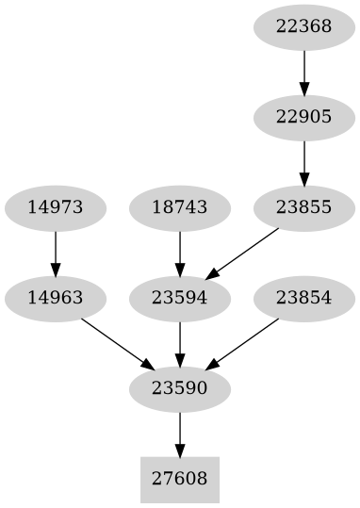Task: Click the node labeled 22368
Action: (303, 26)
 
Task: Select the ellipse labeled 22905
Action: (303, 117)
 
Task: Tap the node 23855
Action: (303, 207)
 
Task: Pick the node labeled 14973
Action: (56, 207)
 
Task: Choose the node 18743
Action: (179, 207)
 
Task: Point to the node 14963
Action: (56, 298)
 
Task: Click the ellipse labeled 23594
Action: (179, 298)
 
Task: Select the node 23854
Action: (303, 298)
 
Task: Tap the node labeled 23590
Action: (179, 388)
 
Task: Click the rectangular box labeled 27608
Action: (179, 479)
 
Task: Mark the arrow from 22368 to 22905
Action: (303, 72)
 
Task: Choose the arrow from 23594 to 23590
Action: (179, 343)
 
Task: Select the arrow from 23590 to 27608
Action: (179, 434)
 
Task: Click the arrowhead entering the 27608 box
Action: (179, 450)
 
